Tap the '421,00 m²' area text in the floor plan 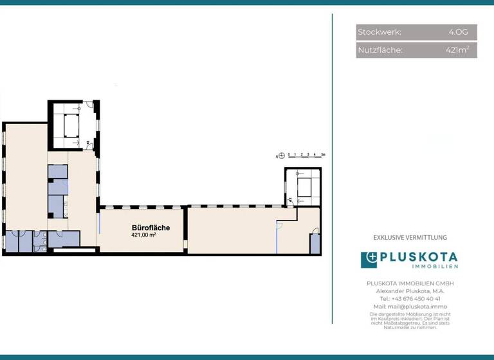pyautogui.click(x=144, y=235)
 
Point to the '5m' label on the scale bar pyautogui.click(x=324, y=156)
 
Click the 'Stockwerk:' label pyautogui.click(x=380, y=32)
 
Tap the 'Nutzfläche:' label pyautogui.click(x=380, y=50)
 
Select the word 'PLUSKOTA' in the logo pyautogui.click(x=419, y=257)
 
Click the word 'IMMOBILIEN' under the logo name pyautogui.click(x=435, y=267)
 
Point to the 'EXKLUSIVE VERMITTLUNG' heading pyautogui.click(x=410, y=238)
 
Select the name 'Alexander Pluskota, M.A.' pyautogui.click(x=410, y=291)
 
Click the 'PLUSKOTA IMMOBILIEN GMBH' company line pyautogui.click(x=410, y=283)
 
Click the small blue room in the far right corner pyautogui.click(x=315, y=244)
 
